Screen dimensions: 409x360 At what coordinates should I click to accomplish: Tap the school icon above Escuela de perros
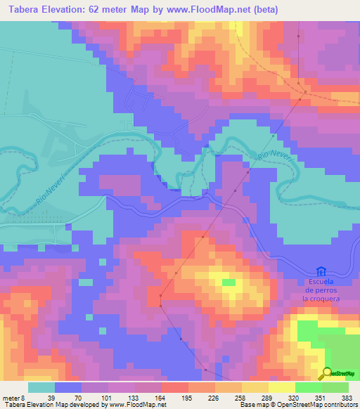[x=321, y=271]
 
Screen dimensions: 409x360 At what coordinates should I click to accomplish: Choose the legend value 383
[x=348, y=397]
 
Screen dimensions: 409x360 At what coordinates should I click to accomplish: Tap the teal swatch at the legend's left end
[x=41, y=387]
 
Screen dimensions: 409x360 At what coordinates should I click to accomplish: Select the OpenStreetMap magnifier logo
[x=326, y=373]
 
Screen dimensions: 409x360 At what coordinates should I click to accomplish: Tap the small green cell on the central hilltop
[x=229, y=283]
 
